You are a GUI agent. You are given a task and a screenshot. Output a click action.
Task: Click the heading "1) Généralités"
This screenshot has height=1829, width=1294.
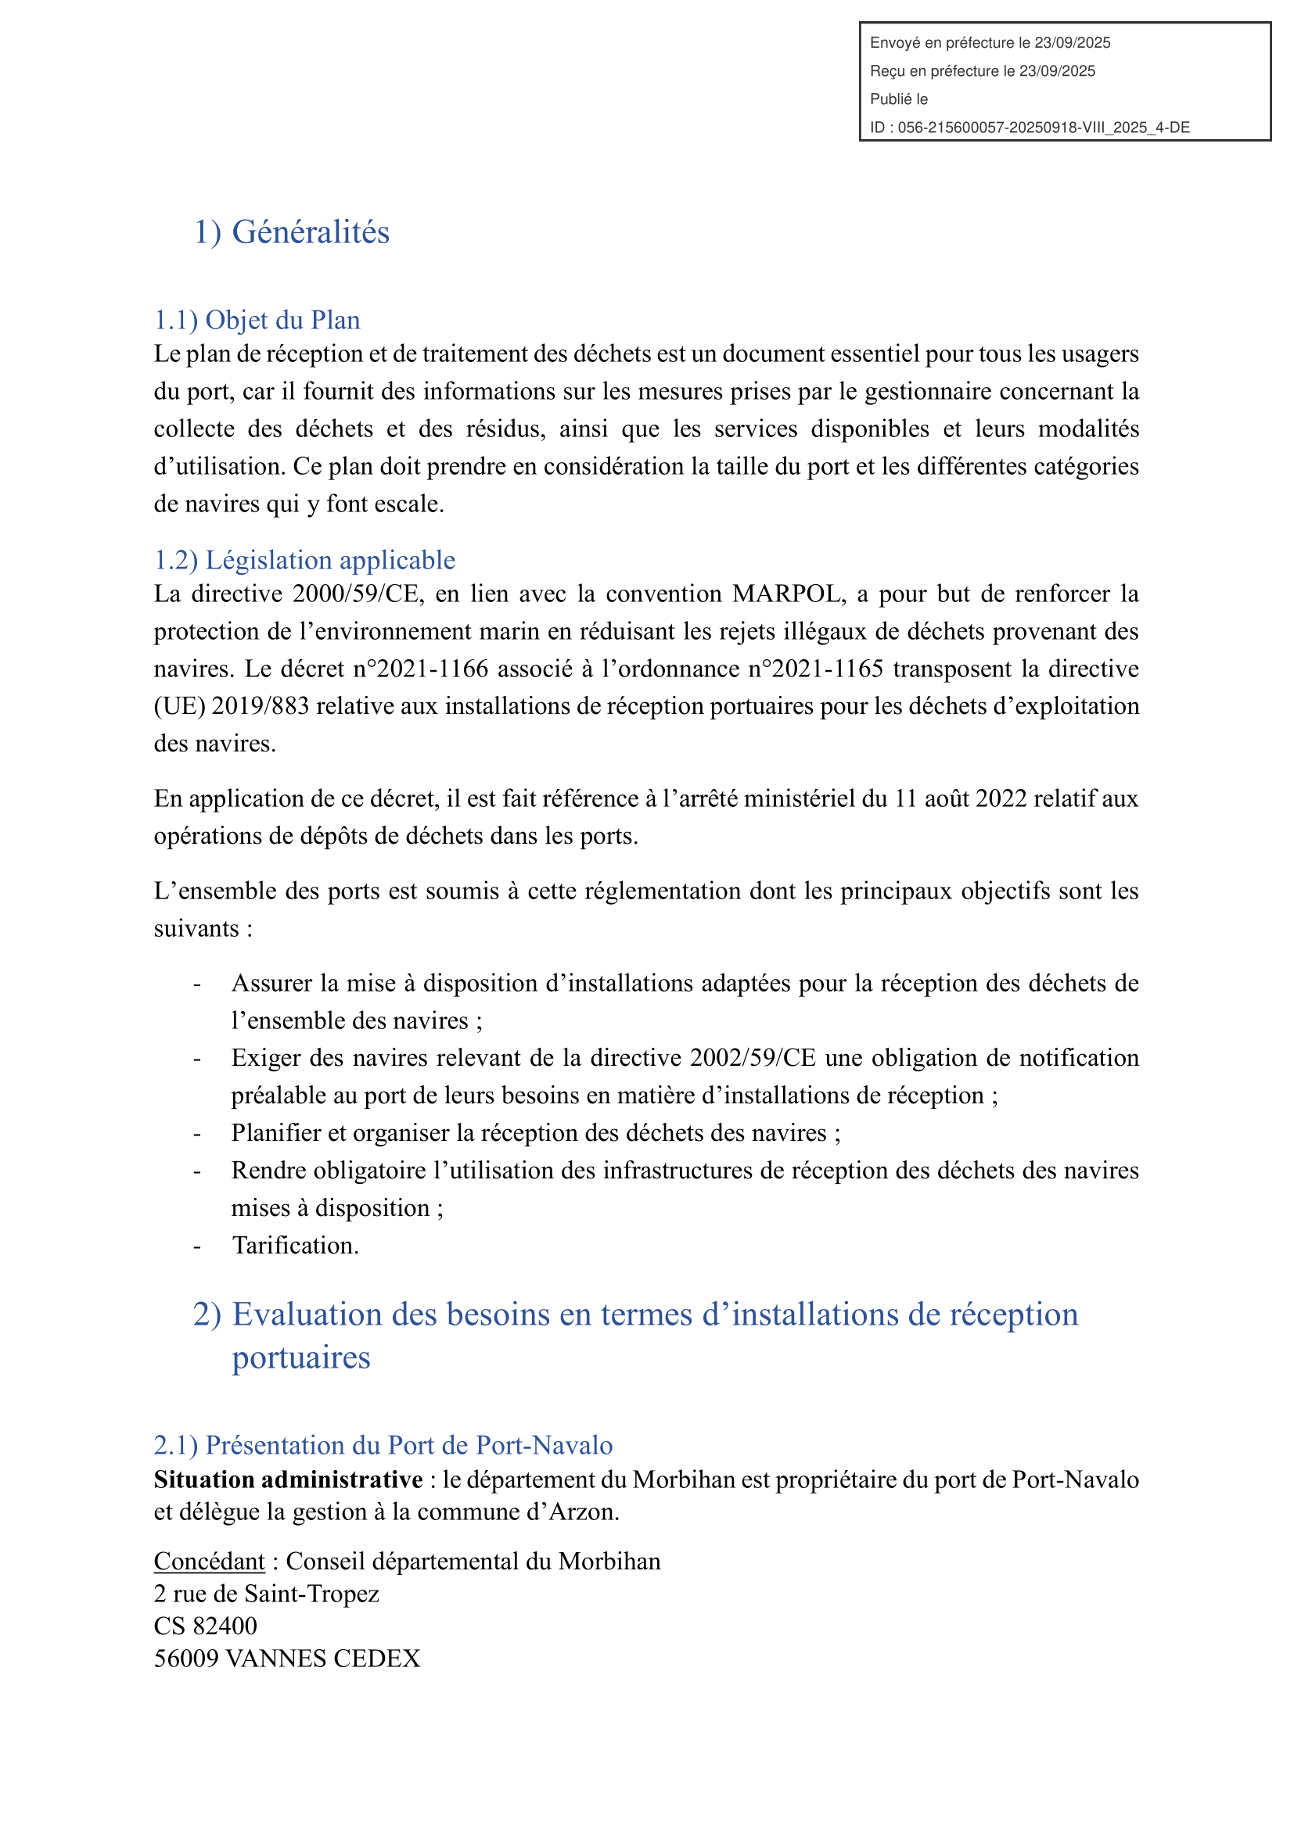pos(292,232)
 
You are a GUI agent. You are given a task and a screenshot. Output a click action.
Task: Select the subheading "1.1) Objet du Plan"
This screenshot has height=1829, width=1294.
pos(257,321)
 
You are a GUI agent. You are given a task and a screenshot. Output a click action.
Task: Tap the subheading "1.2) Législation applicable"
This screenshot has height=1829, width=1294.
pos(304,561)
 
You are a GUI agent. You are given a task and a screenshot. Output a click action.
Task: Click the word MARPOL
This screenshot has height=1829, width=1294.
pos(785,594)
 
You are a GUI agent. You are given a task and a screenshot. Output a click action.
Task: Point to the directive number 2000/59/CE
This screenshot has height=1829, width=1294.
pos(358,594)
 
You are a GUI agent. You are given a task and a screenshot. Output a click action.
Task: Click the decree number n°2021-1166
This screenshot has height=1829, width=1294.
pos(421,669)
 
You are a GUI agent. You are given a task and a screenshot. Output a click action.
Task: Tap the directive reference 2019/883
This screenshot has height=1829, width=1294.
pos(260,707)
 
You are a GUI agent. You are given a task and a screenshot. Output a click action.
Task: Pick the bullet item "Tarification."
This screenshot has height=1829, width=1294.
pos(295,1246)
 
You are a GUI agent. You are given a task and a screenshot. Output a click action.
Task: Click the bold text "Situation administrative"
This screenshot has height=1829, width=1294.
pos(289,1480)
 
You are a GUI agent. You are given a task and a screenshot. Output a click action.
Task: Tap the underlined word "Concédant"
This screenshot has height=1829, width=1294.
pos(209,1562)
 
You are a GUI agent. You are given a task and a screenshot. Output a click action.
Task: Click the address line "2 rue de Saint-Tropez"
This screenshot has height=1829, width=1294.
pos(266,1594)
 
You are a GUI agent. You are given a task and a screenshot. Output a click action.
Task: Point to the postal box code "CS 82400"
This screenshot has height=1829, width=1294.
pos(206,1626)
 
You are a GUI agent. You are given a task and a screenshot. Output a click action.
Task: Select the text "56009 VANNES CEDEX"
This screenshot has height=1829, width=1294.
pos(287,1659)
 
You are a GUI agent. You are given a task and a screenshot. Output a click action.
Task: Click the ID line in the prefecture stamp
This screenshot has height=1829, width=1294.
pos(1030,127)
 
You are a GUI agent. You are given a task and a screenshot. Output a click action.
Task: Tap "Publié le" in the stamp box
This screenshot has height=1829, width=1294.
pos(899,99)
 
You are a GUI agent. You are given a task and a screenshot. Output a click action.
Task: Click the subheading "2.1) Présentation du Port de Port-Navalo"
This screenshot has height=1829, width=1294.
pos(383,1446)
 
